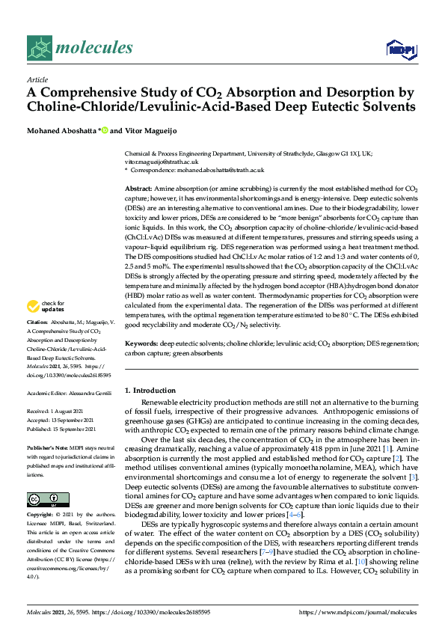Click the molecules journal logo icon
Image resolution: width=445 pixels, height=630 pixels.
pos(38,49)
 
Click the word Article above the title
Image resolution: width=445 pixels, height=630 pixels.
pos(37,79)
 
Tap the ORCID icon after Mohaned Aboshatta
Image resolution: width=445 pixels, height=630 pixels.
pos(105,130)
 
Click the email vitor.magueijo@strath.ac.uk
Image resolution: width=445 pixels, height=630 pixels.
pos(161,161)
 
